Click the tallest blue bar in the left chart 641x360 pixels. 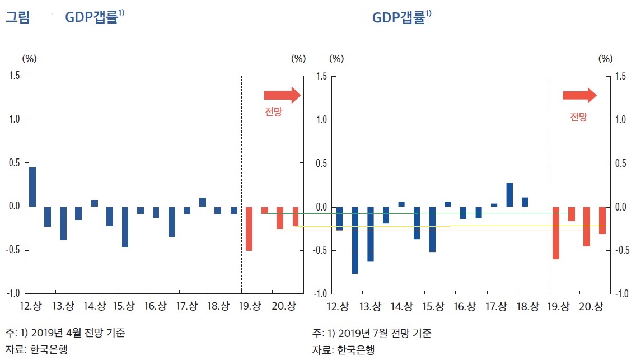32,187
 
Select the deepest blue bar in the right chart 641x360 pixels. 355,240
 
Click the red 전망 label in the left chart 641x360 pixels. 273,112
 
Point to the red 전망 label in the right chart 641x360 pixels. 578,117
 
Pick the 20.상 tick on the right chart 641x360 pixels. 590,306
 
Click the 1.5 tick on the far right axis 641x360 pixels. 621,76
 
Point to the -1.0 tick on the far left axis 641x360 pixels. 15,293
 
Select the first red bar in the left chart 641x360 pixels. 249,228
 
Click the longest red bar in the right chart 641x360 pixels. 556,233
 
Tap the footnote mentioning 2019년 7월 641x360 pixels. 372,333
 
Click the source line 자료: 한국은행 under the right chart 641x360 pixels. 343,350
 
